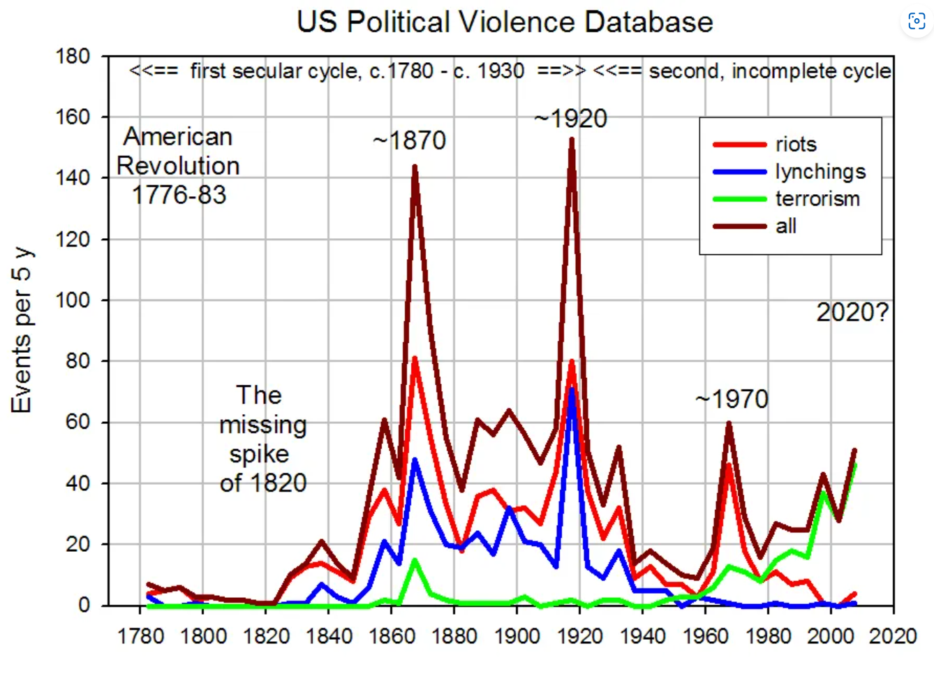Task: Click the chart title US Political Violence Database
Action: pos(505,22)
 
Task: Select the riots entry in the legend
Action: pos(795,145)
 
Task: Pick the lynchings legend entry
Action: pos(820,172)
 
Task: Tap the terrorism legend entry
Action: pos(817,199)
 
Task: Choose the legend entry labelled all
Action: pos(786,226)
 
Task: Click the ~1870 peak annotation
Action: pos(409,141)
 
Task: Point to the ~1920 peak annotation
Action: pos(570,119)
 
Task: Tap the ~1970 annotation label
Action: pos(732,400)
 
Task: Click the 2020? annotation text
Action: pos(852,312)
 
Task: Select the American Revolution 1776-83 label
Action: pos(178,166)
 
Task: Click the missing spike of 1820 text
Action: pos(262,439)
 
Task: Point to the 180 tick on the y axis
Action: pos(73,57)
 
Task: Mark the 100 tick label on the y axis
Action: pos(73,300)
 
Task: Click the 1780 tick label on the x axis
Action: pos(140,636)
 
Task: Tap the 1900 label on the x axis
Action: pos(517,636)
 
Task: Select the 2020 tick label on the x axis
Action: pos(893,636)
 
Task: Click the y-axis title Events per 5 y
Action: pos(21,330)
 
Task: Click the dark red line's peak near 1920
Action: pos(572,140)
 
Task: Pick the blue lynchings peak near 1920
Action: pos(572,389)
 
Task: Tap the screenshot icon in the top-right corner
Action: pos(917,22)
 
